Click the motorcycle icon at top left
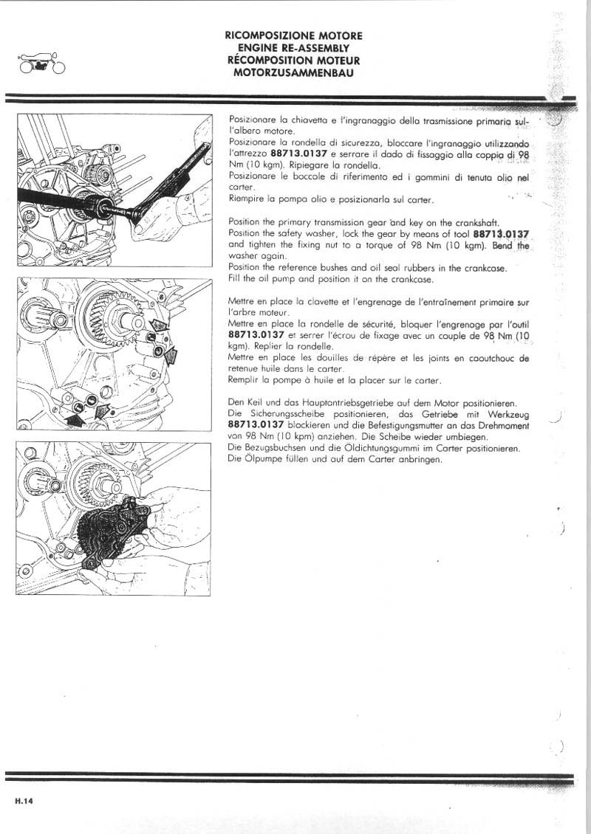pyautogui.click(x=38, y=63)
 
